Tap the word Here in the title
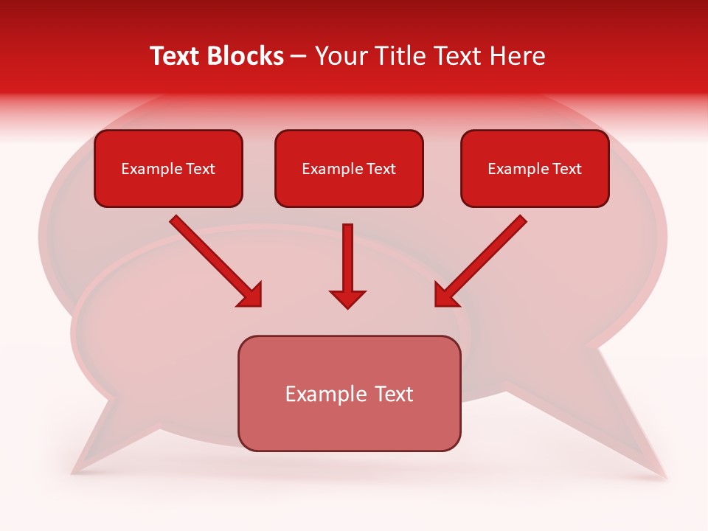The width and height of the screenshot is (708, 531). [x=516, y=56]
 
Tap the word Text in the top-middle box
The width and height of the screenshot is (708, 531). [x=381, y=169]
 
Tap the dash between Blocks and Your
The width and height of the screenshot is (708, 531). [x=299, y=56]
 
